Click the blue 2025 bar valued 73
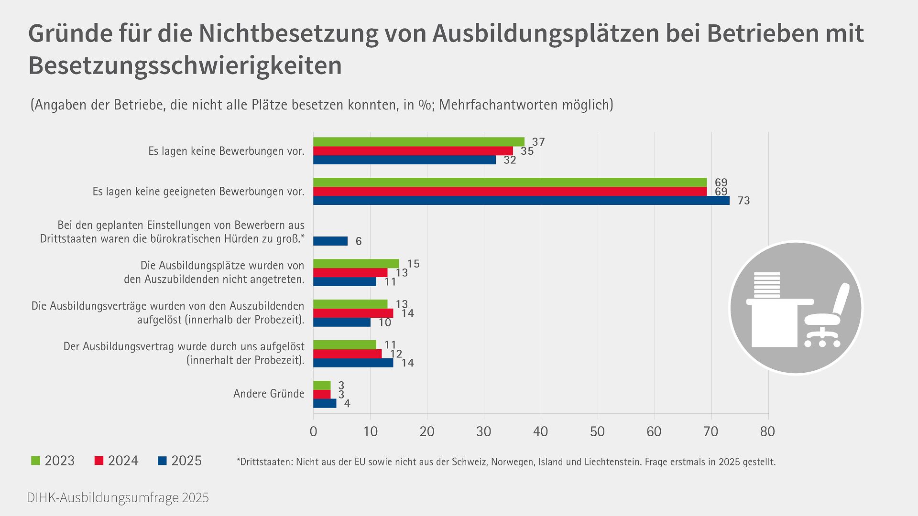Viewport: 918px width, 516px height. [x=521, y=201]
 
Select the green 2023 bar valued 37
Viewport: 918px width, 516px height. [x=418, y=142]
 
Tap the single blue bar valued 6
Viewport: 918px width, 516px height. [x=330, y=241]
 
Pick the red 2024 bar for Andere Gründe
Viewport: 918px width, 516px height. [x=322, y=395]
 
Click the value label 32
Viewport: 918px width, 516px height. [x=510, y=161]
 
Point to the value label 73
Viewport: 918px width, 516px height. [x=743, y=201]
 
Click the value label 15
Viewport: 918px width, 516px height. [x=413, y=264]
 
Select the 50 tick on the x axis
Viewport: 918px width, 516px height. [x=597, y=432]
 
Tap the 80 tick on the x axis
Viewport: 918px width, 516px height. [x=767, y=432]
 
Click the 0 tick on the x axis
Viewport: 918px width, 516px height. [x=314, y=432]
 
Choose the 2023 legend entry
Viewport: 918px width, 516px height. [x=53, y=461]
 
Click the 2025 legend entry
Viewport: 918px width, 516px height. [x=180, y=461]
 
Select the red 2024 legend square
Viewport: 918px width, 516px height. [x=99, y=461]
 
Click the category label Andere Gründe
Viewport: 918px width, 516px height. [x=269, y=394]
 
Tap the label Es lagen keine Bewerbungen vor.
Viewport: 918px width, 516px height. [x=226, y=151]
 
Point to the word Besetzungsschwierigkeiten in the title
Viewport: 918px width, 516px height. [x=185, y=65]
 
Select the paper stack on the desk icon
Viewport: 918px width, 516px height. [x=766, y=285]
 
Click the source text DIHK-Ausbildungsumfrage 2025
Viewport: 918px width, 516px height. [x=118, y=498]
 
